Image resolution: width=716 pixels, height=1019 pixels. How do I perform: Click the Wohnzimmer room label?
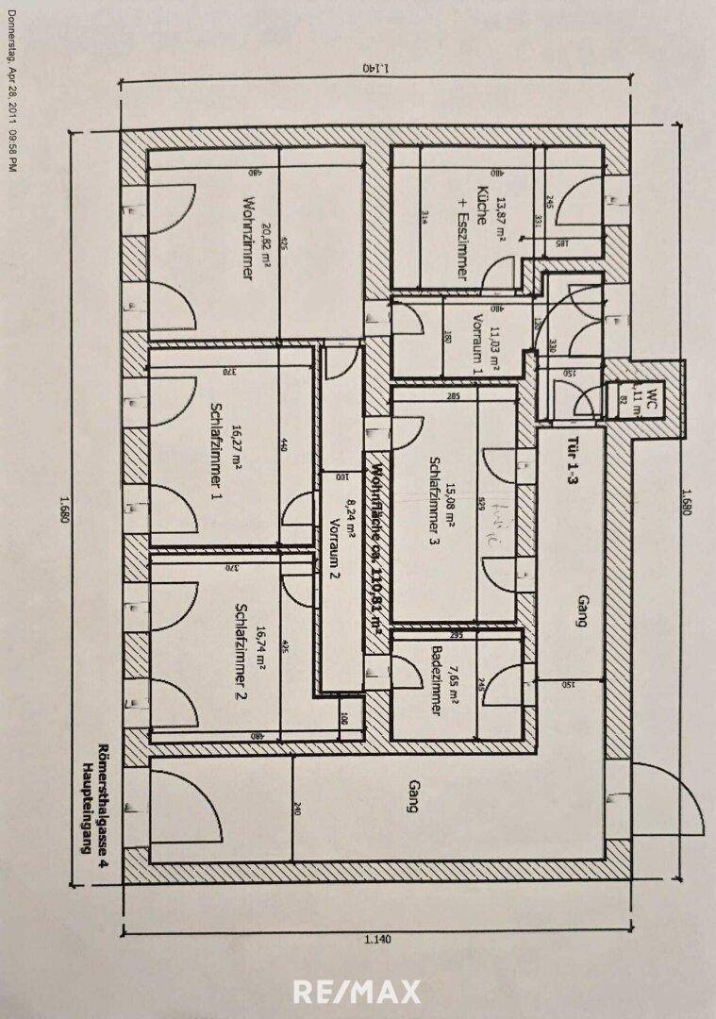coord(249,240)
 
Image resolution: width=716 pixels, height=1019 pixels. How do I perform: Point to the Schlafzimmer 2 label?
coord(241,651)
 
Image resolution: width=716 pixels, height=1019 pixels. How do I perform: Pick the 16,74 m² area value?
coord(259,651)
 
